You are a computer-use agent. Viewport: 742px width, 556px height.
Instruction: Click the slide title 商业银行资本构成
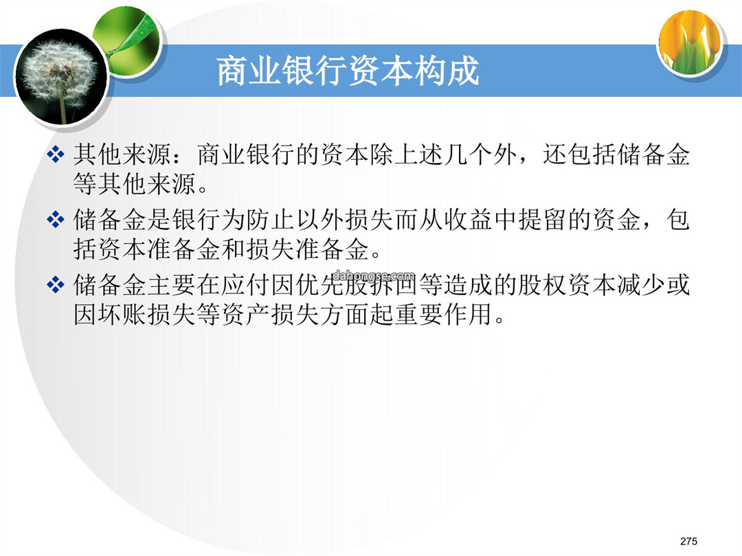(348, 71)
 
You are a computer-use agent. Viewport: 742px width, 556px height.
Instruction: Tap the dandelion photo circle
(60, 77)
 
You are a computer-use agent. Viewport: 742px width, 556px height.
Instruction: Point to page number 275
(688, 541)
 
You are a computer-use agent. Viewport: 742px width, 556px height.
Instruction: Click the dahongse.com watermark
(374, 275)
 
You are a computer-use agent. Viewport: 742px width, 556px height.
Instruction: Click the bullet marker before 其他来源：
(56, 154)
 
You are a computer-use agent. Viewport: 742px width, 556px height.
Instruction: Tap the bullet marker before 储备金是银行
(56, 220)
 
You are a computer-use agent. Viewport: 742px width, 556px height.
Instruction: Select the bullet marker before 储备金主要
(56, 285)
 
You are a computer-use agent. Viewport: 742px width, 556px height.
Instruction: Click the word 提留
(543, 220)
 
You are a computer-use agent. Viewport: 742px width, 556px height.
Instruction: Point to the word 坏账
(122, 314)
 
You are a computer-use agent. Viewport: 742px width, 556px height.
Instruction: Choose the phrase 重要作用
(444, 314)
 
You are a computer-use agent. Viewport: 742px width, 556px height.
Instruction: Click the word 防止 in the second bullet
(271, 220)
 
